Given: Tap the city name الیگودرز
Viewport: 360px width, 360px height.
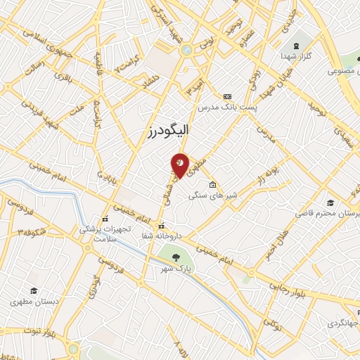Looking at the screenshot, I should pos(180,131).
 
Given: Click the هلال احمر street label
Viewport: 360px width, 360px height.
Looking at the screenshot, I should pos(276,243).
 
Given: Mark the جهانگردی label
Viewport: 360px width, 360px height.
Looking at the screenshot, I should pos(342,324).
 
